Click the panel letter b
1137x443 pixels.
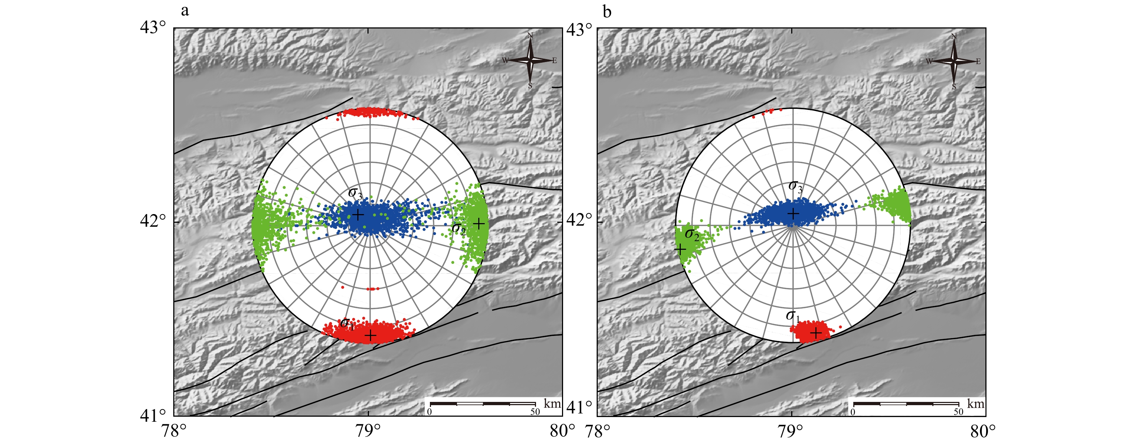607,12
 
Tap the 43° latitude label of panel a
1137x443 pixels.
153,27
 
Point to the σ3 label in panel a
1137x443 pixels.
355,194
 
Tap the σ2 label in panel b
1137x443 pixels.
692,235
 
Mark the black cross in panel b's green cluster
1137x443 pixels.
681,249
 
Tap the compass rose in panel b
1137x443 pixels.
954,61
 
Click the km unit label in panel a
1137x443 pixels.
552,403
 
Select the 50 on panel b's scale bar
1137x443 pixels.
958,412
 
